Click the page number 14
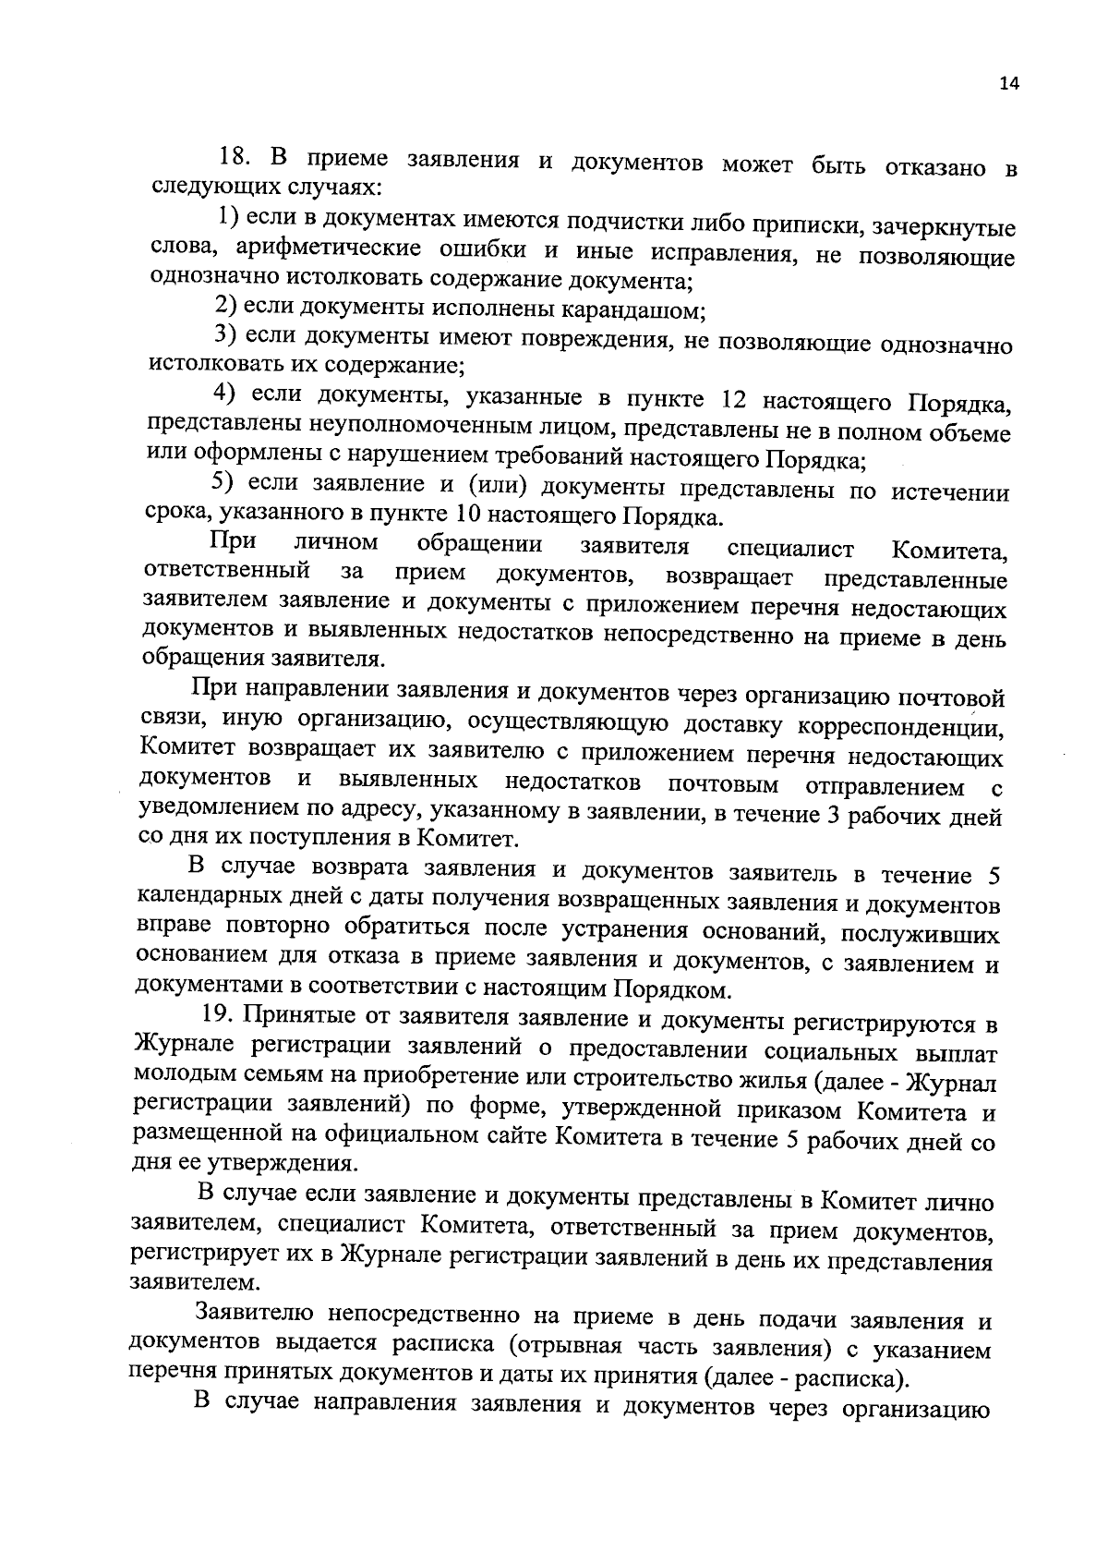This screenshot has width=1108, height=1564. click(1007, 84)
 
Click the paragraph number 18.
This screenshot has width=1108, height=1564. click(235, 155)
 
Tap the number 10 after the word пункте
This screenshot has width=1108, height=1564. click(467, 514)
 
